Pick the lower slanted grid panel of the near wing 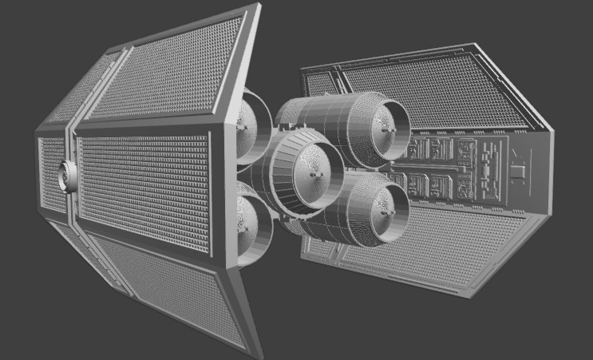pyautogui.click(x=172, y=287)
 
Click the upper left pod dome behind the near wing pyautogui.click(x=247, y=124)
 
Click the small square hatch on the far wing pyautogui.click(x=517, y=170)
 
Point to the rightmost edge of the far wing pyautogui.click(x=554, y=172)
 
